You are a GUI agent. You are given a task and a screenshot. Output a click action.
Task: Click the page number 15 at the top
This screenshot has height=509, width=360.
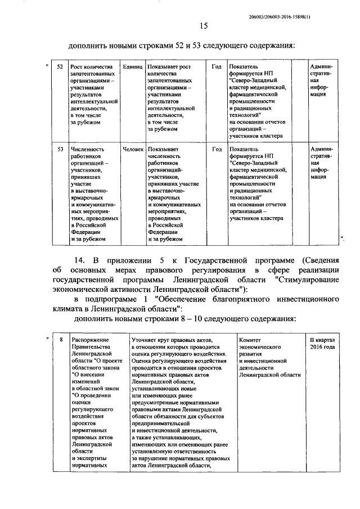pyautogui.click(x=204, y=25)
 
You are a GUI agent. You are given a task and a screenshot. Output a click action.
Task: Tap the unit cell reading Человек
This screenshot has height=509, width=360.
pyautogui.click(x=133, y=150)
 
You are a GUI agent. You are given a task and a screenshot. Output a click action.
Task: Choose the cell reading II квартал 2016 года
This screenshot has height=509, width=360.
pyautogui.click(x=322, y=344)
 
